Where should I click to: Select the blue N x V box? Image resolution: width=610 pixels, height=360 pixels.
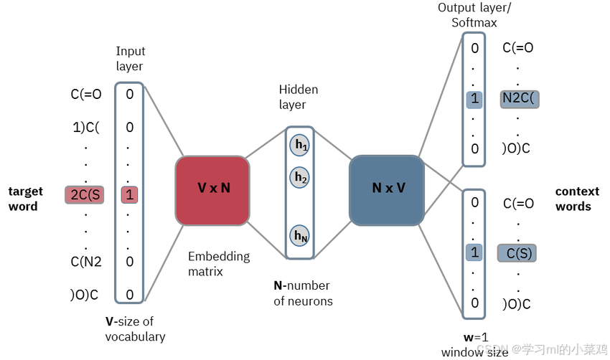click(x=388, y=189)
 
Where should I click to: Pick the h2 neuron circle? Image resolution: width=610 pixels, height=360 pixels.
click(x=299, y=177)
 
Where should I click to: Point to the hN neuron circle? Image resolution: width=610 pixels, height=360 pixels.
click(x=299, y=235)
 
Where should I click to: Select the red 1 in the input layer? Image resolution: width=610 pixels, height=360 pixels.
click(x=129, y=194)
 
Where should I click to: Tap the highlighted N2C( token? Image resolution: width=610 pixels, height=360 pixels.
click(x=519, y=100)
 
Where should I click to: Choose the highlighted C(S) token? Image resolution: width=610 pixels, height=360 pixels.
click(x=517, y=252)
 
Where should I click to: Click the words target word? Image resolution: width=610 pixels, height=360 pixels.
click(x=26, y=199)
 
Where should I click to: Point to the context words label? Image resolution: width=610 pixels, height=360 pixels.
click(x=577, y=199)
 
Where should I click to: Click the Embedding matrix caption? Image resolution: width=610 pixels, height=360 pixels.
click(x=219, y=264)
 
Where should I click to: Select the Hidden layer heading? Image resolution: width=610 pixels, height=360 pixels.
click(x=298, y=97)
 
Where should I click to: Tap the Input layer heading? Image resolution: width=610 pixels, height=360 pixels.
click(x=130, y=59)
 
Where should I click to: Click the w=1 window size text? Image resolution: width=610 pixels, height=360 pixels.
click(x=474, y=345)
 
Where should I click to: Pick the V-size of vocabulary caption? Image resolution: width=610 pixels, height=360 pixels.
click(x=135, y=329)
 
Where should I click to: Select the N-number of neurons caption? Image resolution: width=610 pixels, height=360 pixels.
click(x=303, y=293)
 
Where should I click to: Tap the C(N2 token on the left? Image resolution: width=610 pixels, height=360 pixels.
click(x=86, y=262)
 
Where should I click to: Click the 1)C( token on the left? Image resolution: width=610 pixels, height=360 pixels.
click(x=85, y=128)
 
